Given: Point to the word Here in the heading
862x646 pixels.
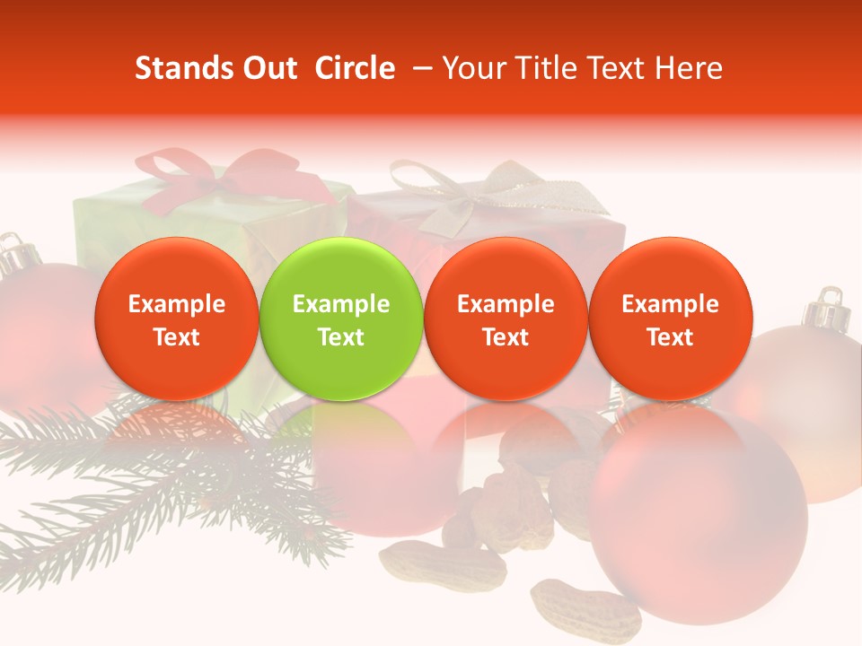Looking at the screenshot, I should tap(689, 68).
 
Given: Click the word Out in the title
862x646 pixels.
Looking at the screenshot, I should tap(268, 68).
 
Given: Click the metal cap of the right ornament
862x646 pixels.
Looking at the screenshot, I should tap(824, 310).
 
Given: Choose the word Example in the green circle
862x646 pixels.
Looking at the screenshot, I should tap(341, 304).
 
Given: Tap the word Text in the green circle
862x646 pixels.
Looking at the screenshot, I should tap(341, 337).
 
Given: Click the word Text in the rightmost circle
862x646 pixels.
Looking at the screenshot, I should tap(670, 337).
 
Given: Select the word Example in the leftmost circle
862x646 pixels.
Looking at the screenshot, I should tap(177, 304).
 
